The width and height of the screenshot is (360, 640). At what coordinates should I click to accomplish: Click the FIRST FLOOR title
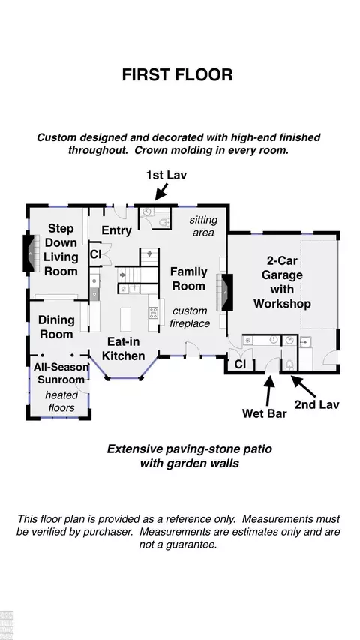click(x=177, y=75)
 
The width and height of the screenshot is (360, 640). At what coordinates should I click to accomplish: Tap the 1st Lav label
click(x=166, y=175)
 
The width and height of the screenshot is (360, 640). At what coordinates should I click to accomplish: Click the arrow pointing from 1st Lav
click(x=162, y=191)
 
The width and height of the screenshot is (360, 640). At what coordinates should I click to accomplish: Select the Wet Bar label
click(x=265, y=413)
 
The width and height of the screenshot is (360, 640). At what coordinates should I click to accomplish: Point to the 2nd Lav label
click(x=317, y=404)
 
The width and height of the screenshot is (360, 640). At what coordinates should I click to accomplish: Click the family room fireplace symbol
click(x=226, y=293)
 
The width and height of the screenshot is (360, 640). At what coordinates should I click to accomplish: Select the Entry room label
click(x=116, y=230)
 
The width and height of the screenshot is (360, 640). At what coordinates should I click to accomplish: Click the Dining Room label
click(x=56, y=327)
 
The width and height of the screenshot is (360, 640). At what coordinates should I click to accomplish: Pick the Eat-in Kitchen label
click(x=123, y=348)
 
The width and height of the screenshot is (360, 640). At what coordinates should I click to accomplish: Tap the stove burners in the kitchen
click(x=153, y=313)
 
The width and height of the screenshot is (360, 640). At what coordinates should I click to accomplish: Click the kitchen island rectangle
click(x=125, y=320)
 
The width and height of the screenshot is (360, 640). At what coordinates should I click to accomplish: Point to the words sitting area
click(x=203, y=226)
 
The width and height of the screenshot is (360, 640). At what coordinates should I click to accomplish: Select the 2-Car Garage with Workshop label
click(x=282, y=282)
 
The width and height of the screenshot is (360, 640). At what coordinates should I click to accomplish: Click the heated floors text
click(x=61, y=401)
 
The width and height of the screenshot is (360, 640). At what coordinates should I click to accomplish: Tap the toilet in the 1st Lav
click(x=164, y=223)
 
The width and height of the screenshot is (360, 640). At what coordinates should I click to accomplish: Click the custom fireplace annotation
click(x=190, y=317)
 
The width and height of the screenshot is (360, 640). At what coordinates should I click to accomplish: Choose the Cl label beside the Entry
click(x=95, y=255)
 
